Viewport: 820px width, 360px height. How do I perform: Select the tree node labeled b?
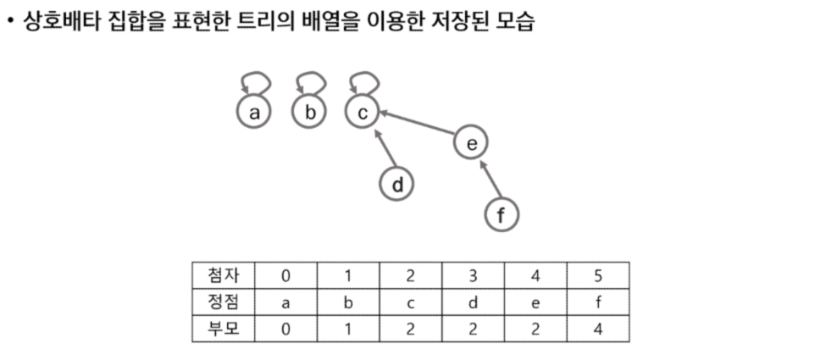309,112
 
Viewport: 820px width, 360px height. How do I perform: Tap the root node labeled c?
363,112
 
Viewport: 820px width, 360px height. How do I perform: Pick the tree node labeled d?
397,184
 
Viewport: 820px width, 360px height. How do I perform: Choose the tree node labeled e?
472,144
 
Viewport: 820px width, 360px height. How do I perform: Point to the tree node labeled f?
501,214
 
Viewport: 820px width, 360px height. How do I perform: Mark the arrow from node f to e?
489,180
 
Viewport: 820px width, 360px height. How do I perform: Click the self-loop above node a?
255,83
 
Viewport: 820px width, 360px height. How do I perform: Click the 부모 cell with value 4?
598,329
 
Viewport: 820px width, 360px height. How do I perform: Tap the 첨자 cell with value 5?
598,275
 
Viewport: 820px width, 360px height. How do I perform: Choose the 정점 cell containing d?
473,302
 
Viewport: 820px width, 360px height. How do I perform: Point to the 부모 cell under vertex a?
285,329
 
